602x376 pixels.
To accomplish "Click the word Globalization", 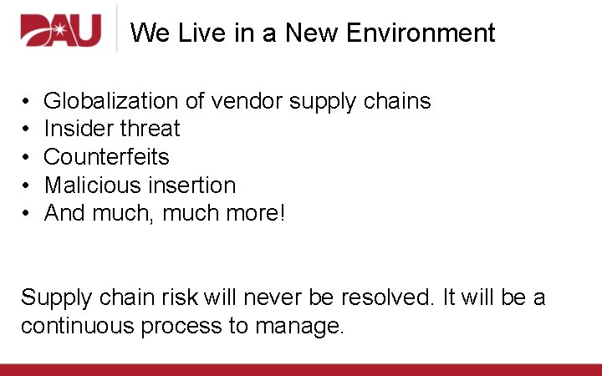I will [110, 101].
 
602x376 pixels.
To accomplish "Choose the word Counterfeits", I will [106, 157].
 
